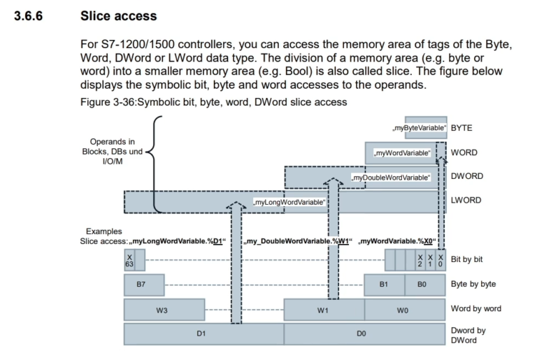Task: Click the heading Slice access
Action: (119, 15)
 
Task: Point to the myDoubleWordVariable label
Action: (390, 178)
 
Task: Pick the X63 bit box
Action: (129, 261)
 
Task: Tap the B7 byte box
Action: (144, 285)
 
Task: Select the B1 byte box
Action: (384, 285)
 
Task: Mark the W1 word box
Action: (323, 310)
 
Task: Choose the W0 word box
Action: (403, 310)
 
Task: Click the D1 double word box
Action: (203, 334)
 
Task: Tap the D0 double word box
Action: (363, 334)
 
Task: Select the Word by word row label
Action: (476, 308)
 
